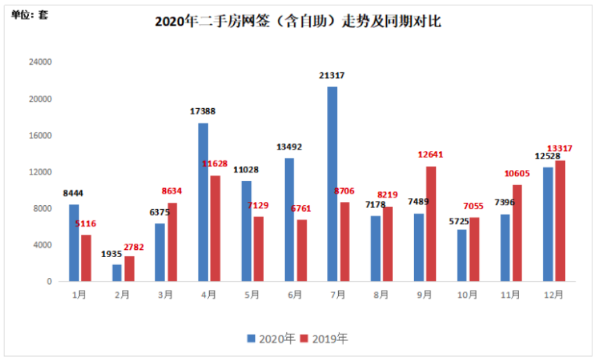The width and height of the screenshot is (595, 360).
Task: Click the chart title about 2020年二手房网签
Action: (x=298, y=22)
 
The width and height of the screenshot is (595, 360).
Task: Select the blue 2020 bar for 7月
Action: (x=332, y=184)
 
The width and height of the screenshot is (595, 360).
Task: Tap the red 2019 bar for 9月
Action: (x=431, y=224)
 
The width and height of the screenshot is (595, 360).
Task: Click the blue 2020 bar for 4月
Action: (x=203, y=202)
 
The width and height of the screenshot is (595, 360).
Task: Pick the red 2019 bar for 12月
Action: (x=560, y=221)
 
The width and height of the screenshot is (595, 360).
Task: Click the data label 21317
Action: (x=332, y=76)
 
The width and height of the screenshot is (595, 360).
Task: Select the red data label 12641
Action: (x=431, y=155)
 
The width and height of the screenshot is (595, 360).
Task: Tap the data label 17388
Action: (x=203, y=112)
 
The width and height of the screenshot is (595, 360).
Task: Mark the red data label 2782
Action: (x=130, y=247)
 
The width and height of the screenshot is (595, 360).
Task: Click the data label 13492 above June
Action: (x=289, y=147)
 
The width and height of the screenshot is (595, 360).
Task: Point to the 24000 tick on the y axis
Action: (x=41, y=62)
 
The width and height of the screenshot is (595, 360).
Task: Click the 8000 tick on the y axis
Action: (x=43, y=209)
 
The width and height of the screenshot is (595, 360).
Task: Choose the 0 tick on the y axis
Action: (x=49, y=281)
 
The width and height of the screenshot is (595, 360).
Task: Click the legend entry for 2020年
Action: (x=271, y=339)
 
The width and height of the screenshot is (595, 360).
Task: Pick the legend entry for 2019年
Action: (x=324, y=339)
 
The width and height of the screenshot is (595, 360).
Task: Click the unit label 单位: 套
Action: (x=29, y=14)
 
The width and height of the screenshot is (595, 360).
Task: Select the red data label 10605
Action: (x=518, y=173)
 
